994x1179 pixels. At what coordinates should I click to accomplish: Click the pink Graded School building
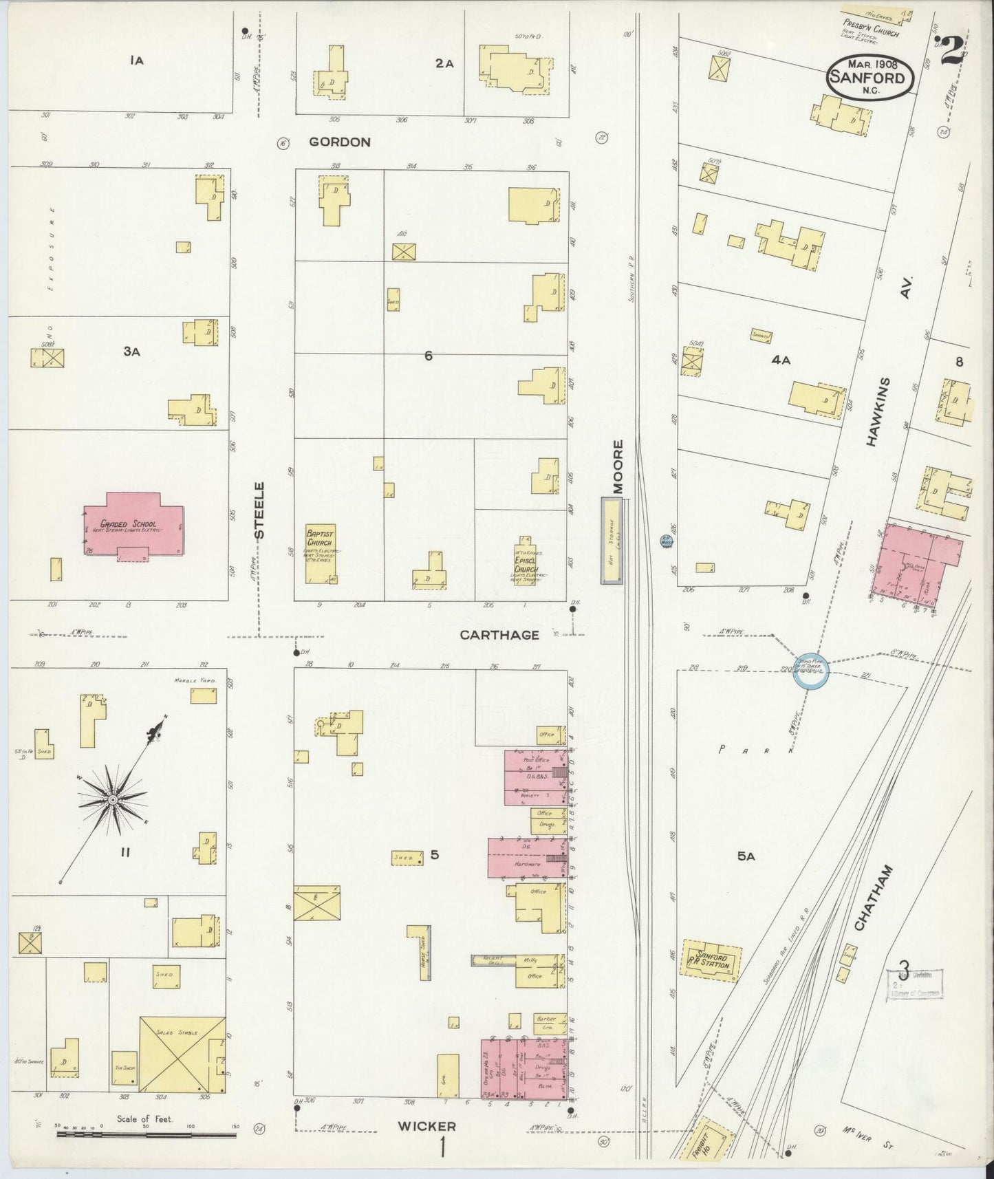134,526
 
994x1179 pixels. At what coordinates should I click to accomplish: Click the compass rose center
112,800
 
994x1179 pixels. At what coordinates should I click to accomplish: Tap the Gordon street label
339,142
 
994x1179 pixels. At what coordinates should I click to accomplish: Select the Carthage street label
499,635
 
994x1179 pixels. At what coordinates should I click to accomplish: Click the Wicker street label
426,1126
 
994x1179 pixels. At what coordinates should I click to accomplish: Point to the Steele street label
259,510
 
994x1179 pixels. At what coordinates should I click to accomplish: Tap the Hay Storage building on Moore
612,541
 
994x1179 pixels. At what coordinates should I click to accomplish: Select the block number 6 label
428,356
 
